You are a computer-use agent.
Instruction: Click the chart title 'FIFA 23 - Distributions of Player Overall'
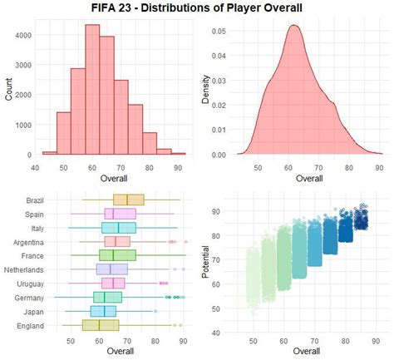pyautogui.click(x=197, y=9)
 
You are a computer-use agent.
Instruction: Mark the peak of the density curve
pyautogui.click(x=293, y=26)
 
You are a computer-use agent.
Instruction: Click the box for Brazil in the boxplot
pyautogui.click(x=128, y=200)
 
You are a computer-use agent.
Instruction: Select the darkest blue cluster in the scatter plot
pyautogui.click(x=361, y=219)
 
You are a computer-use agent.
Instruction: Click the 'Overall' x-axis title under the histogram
pyautogui.click(x=113, y=177)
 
